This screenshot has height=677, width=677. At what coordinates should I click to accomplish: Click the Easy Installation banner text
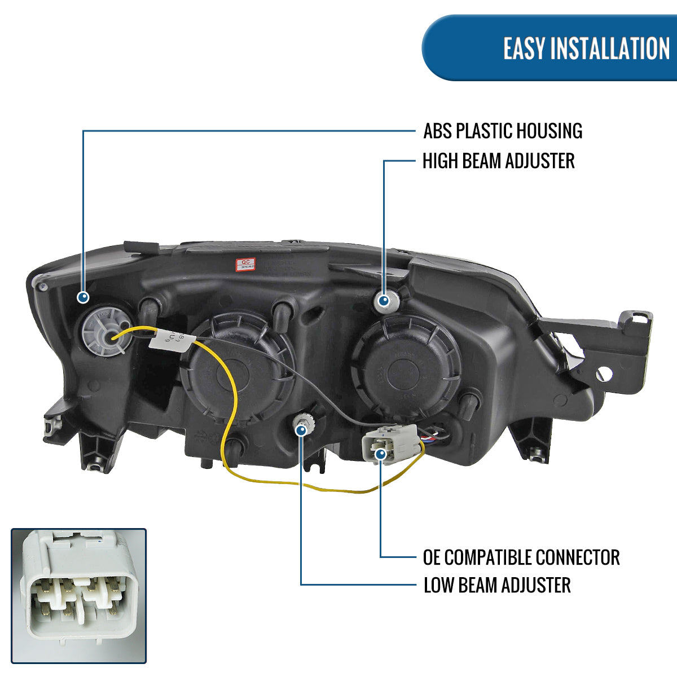pyautogui.click(x=586, y=49)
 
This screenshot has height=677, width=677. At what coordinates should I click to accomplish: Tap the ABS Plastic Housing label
pyautogui.click(x=503, y=131)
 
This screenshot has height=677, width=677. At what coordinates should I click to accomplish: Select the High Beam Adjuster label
pyautogui.click(x=498, y=161)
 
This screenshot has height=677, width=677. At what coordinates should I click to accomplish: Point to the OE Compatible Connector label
pyautogui.click(x=521, y=557)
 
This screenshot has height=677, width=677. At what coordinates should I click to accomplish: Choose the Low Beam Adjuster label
pyautogui.click(x=497, y=585)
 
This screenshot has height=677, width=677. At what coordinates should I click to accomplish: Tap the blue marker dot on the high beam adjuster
pyautogui.click(x=384, y=301)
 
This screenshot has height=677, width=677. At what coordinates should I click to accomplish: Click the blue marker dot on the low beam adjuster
pyautogui.click(x=301, y=430)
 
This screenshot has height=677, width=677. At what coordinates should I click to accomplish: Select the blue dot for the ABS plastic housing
pyautogui.click(x=83, y=297)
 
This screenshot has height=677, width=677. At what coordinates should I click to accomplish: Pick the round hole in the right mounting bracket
pyautogui.click(x=604, y=373)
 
